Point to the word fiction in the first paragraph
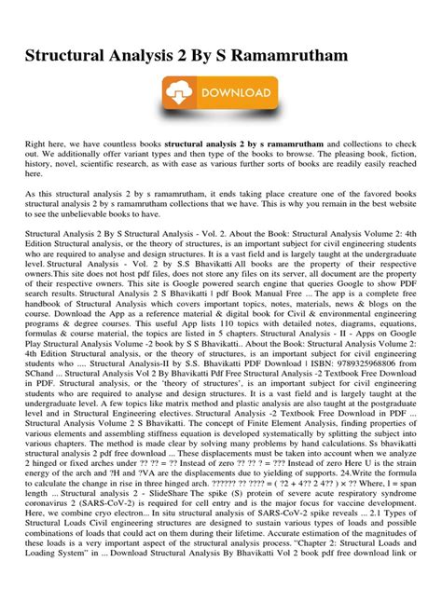click(417, 155)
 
